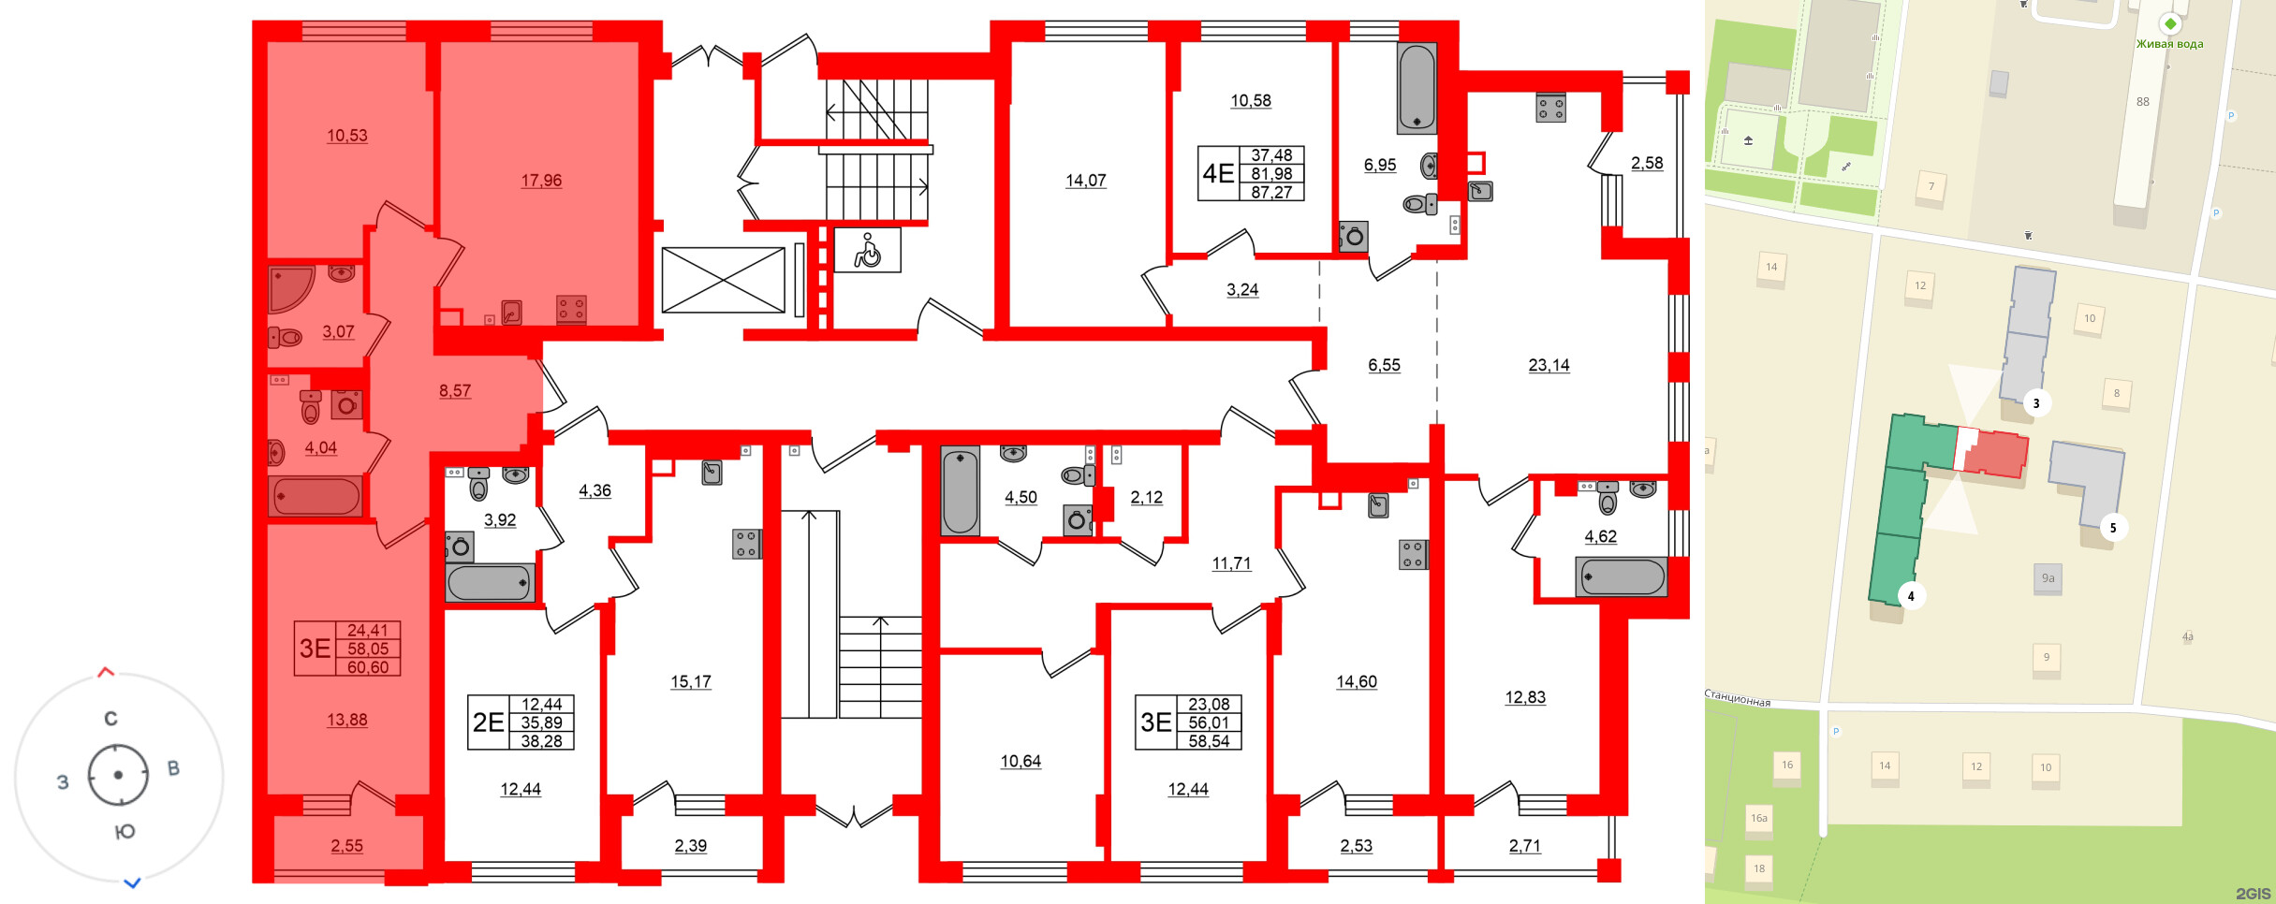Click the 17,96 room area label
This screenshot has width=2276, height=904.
(x=541, y=181)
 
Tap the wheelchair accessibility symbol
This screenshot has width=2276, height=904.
(x=868, y=251)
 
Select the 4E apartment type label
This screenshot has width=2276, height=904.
(x=1218, y=173)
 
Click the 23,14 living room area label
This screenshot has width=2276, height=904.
(x=1549, y=366)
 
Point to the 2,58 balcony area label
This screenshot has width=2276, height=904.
(x=1647, y=163)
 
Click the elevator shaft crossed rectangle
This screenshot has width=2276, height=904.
(x=723, y=280)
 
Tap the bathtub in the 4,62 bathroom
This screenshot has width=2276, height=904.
(x=1622, y=576)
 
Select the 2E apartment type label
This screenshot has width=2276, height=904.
(x=488, y=722)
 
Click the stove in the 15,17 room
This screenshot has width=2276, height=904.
(x=746, y=544)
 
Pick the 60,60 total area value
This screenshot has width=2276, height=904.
(x=368, y=667)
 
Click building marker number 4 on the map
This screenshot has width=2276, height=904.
(x=1911, y=595)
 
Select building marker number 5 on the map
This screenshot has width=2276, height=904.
(x=2112, y=528)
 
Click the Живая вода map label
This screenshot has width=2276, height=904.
(x=2169, y=44)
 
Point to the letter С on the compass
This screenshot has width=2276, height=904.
(x=110, y=719)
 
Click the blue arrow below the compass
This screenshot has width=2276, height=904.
(x=133, y=882)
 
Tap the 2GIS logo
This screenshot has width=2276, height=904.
(x=2254, y=894)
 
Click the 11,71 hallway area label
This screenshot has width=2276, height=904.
(x=1231, y=563)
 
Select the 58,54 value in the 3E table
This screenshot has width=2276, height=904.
(x=1209, y=741)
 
